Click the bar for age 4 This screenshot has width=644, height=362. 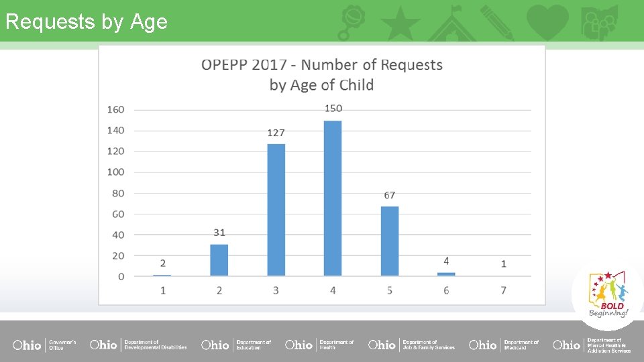(333, 198)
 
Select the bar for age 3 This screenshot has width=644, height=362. (276, 209)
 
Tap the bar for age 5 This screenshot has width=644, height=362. (389, 241)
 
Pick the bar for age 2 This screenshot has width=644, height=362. (219, 259)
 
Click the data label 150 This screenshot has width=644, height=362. (333, 108)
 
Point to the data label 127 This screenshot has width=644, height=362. (276, 132)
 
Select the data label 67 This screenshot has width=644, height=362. (390, 195)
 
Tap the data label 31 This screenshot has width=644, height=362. (219, 233)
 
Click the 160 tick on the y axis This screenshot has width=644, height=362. (115, 109)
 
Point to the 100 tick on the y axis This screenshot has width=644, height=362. (115, 172)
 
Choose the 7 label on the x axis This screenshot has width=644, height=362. (503, 290)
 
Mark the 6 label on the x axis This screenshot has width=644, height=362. (446, 290)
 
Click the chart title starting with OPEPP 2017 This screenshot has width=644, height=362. (322, 74)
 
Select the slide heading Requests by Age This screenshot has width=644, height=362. (86, 21)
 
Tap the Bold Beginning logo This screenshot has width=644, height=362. (608, 294)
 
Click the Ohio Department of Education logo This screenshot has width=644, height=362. (236, 345)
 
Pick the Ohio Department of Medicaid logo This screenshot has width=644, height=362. (503, 345)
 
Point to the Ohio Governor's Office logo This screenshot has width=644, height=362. (44, 345)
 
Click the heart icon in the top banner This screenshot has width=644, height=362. (547, 21)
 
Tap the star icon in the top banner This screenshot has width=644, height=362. (400, 23)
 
